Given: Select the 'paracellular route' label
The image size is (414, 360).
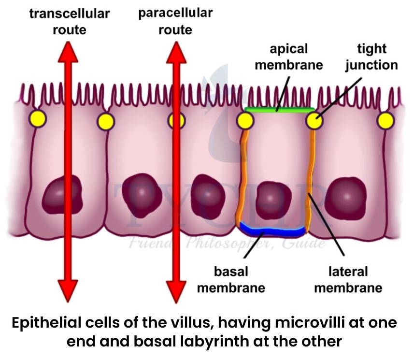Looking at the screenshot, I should click(175, 21).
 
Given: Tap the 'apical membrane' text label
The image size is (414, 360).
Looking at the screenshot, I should click(288, 57).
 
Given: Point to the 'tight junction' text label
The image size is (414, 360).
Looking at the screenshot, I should click(371, 57).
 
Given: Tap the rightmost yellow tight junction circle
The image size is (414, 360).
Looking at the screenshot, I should click(385, 120).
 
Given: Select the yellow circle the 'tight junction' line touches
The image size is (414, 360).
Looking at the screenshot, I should click(314, 120).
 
